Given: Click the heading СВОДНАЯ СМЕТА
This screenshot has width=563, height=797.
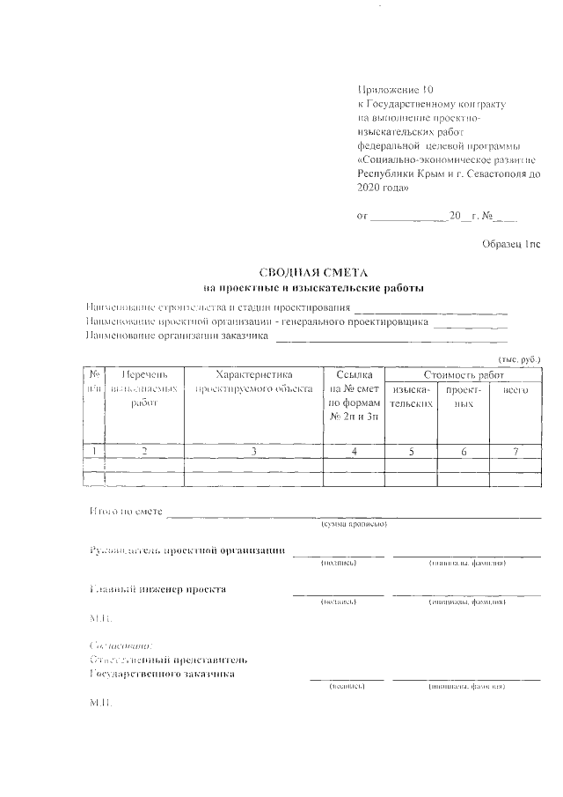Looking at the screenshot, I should click(x=313, y=273).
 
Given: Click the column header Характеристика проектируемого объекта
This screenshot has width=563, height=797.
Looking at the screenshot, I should click(x=253, y=381).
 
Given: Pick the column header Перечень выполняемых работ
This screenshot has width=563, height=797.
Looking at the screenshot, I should click(x=137, y=388).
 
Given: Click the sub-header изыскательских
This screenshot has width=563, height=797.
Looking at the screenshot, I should click(x=412, y=395).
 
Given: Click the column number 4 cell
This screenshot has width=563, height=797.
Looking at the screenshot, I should click(x=354, y=452).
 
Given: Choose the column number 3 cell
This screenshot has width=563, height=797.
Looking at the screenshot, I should click(x=253, y=452).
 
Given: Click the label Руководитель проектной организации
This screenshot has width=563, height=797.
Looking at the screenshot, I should click(x=187, y=551).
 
